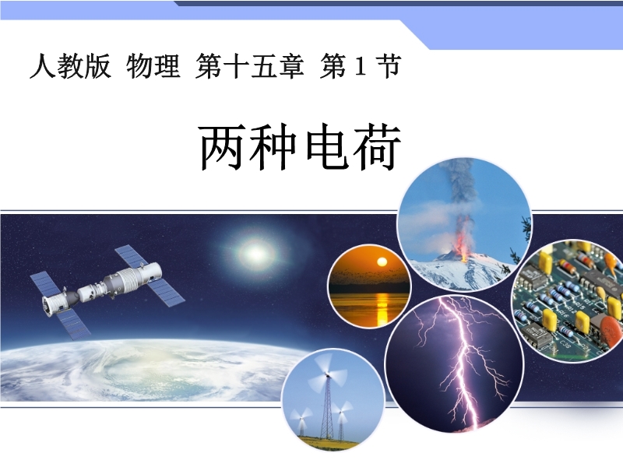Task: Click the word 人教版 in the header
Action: point(70,66)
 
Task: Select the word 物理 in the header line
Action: point(153,66)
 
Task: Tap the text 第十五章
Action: point(249,66)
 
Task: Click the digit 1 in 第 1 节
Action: point(360,66)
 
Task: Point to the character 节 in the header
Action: point(389,66)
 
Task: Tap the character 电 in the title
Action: point(327,146)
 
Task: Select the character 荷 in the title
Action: point(378,146)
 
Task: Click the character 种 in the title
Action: point(274,146)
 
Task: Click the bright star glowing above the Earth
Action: point(256,253)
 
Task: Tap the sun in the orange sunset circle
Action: point(382,262)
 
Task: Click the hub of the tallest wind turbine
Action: point(327,374)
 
